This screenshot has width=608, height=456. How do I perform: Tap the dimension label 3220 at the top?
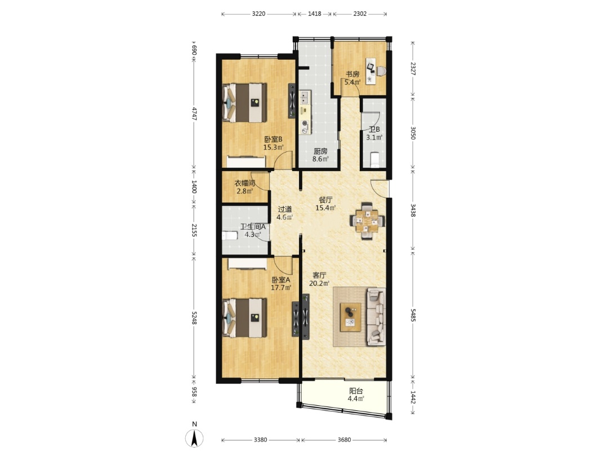(258, 14)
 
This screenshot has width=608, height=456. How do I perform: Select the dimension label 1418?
(315, 14)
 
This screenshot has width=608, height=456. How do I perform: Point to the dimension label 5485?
(413, 315)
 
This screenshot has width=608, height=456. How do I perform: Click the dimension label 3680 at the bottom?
(345, 440)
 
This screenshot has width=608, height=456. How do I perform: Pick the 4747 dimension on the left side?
(195, 114)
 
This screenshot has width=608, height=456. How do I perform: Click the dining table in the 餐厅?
(367, 221)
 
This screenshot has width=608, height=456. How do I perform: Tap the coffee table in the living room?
(351, 317)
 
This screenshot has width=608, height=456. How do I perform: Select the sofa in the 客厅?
(375, 316)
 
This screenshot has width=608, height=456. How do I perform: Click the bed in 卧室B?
(244, 103)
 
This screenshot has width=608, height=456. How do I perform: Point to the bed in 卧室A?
(244, 318)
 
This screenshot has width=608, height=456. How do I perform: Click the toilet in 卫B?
(374, 160)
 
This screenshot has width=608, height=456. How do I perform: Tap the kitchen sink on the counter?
(305, 97)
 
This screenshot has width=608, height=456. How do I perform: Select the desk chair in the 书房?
(381, 71)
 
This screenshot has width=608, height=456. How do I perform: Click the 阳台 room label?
(356, 391)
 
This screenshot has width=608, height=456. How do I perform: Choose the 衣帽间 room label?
(245, 183)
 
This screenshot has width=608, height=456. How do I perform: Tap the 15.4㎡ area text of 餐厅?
(325, 208)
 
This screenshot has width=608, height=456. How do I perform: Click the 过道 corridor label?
(285, 209)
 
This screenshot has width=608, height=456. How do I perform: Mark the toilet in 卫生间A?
(230, 235)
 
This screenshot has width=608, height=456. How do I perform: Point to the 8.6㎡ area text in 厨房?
(321, 159)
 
